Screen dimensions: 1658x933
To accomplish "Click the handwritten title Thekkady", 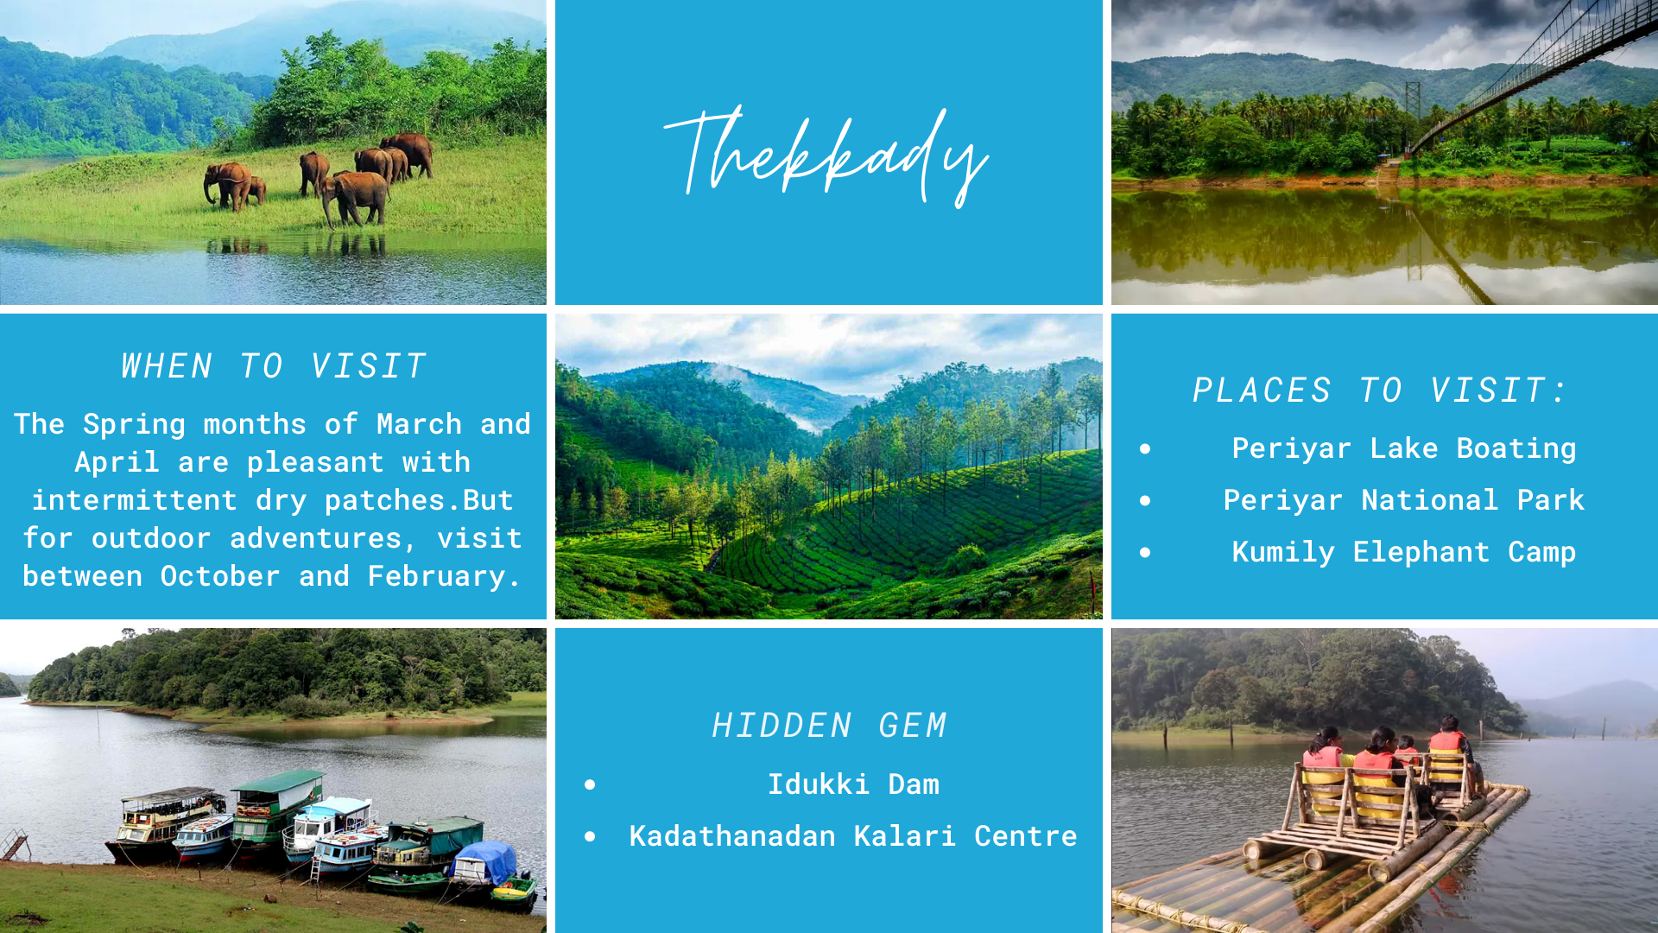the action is click(826, 156).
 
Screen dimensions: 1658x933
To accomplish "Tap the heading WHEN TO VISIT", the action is click(274, 366).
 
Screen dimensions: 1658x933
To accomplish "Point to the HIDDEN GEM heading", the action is click(829, 726).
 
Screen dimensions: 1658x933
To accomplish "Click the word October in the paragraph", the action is click(220, 576).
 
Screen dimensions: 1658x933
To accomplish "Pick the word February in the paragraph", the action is click(436, 577).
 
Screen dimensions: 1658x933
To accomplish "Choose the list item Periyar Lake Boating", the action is click(1404, 449).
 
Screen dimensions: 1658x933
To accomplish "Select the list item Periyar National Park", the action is click(1404, 500).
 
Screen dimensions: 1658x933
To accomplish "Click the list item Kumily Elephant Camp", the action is click(1404, 553).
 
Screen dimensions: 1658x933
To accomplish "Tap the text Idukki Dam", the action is click(853, 784).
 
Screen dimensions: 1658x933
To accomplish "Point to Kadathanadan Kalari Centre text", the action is click(853, 836).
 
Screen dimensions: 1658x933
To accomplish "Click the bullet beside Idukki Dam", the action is click(590, 784).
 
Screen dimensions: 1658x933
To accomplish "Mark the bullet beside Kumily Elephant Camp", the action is click(1145, 552).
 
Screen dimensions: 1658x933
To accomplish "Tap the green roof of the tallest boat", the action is click(276, 780).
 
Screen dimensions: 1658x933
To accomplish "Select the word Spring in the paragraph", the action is click(134, 425).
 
